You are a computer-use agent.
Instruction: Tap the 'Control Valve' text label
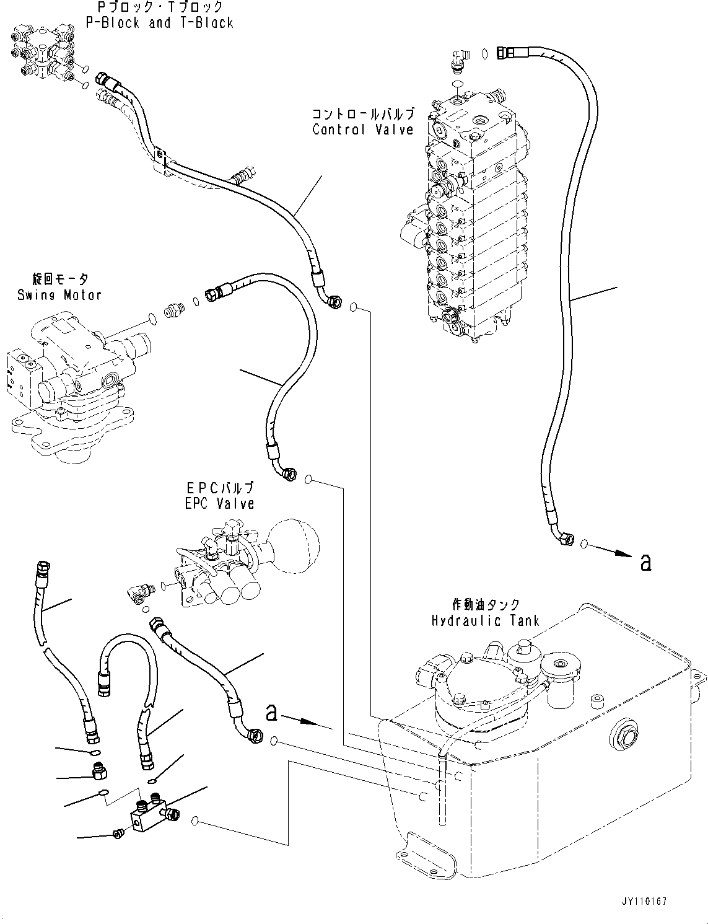coord(362,130)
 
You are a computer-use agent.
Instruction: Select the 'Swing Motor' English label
coord(59,295)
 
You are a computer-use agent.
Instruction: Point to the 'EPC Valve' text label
coord(219,503)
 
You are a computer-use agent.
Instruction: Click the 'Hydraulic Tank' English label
coord(486,620)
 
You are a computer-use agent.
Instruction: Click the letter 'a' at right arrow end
coord(645,562)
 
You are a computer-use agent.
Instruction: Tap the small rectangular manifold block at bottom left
coord(147,817)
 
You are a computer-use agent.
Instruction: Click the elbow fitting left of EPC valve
coord(138,593)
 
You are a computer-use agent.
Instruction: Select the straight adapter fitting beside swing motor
coord(173,311)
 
